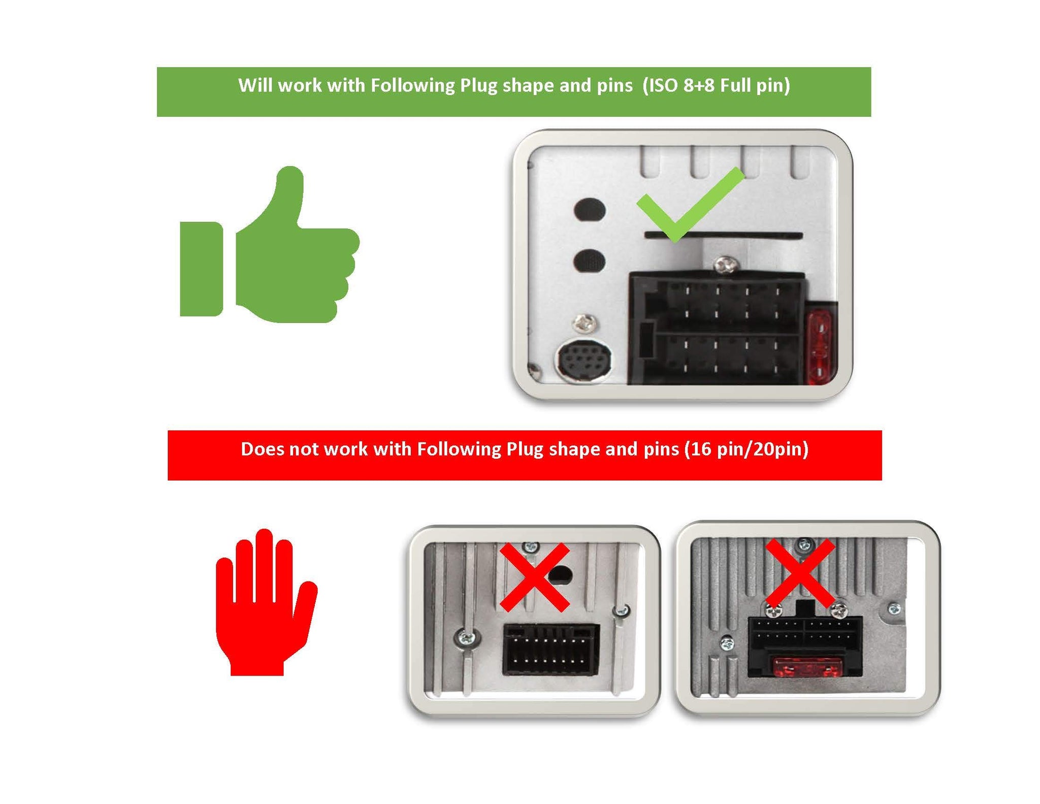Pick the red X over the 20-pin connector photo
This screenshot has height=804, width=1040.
(800, 573)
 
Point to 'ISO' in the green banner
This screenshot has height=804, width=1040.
(661, 85)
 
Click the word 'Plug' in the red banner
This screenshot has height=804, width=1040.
(525, 450)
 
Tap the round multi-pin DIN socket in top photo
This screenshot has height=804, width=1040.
(584, 361)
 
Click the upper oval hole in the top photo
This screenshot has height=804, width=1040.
(589, 209)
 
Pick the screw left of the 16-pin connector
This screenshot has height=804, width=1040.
(466, 637)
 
